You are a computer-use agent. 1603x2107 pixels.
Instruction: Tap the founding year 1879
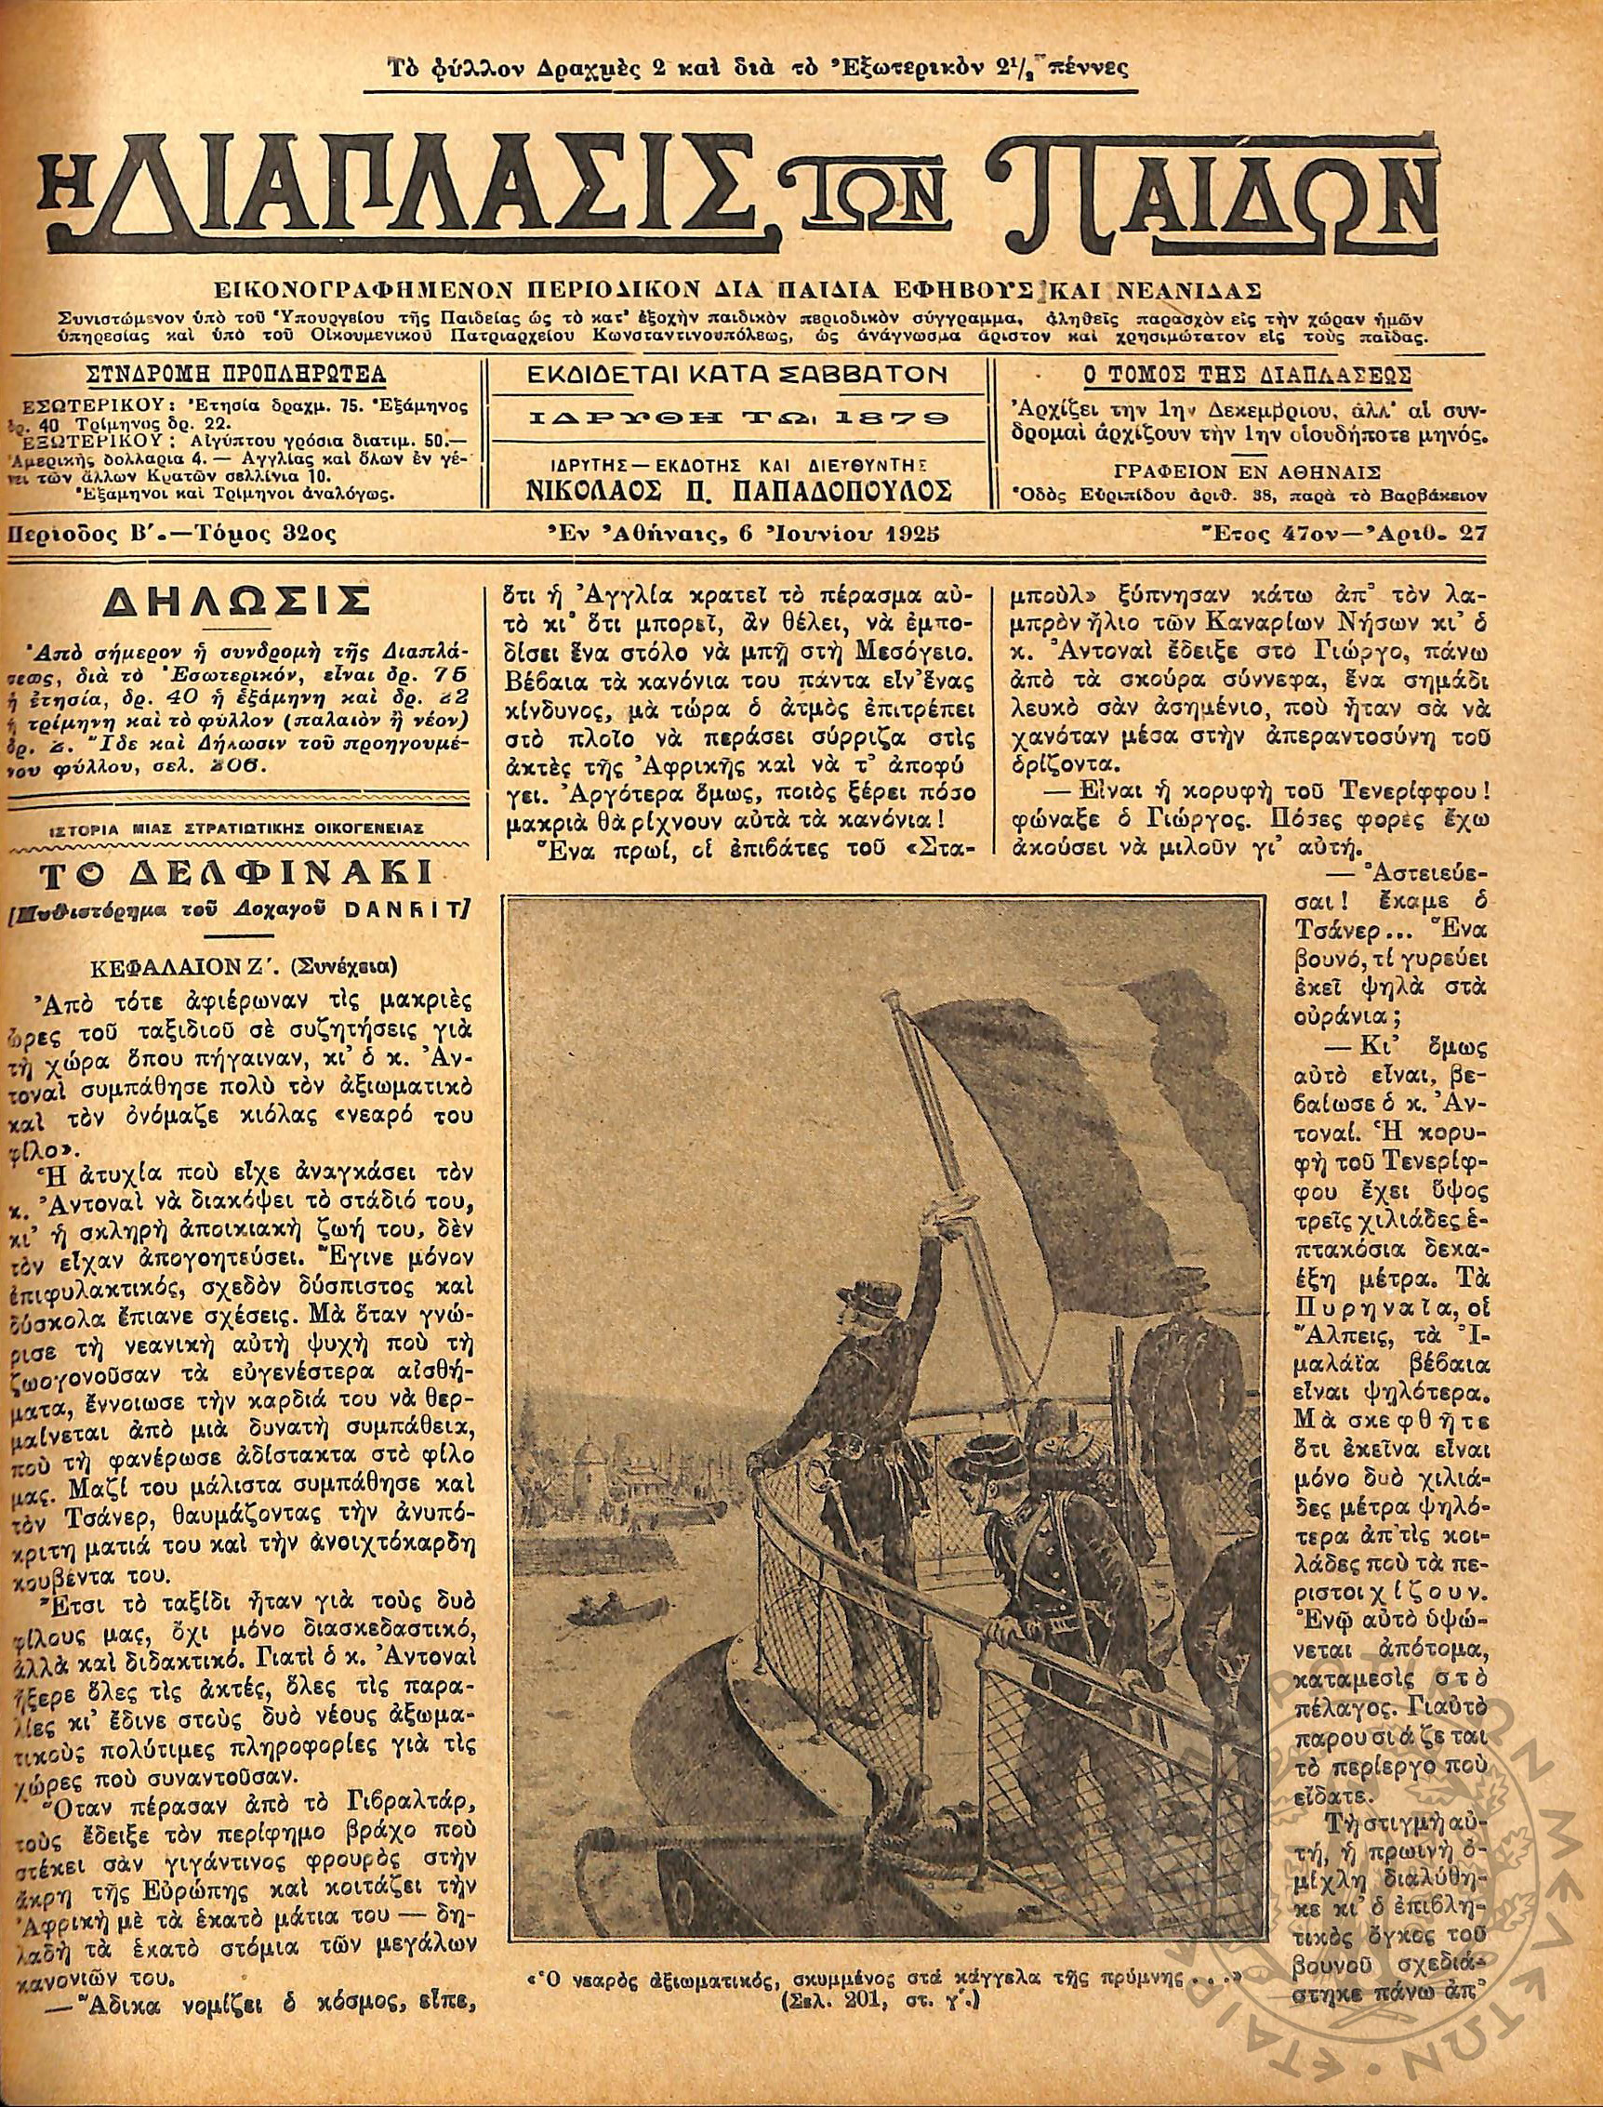tap(897, 418)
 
